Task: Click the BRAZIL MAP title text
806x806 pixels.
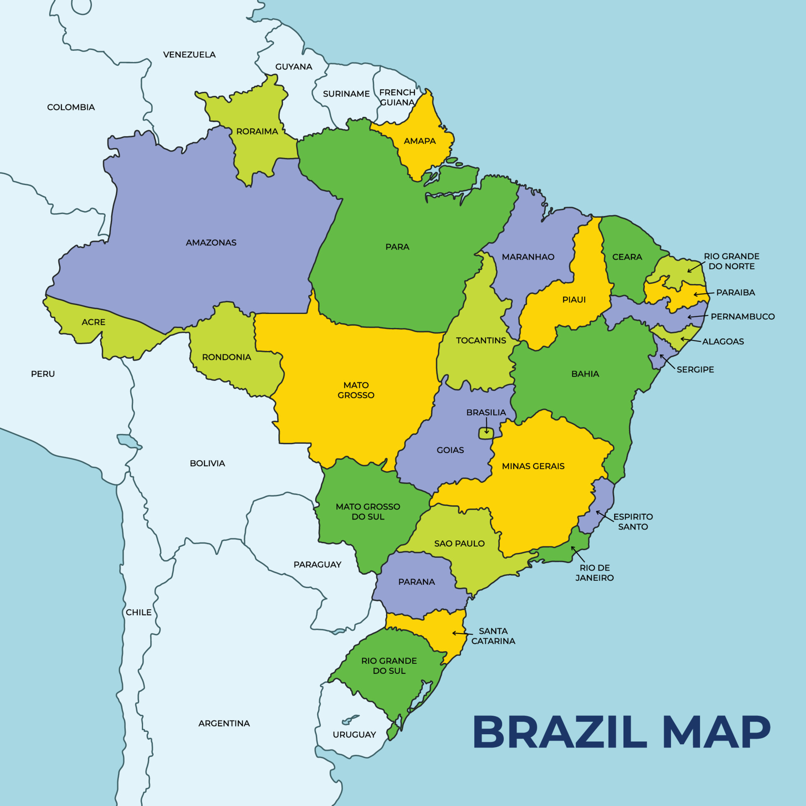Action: click(x=621, y=732)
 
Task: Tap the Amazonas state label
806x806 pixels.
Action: click(x=211, y=243)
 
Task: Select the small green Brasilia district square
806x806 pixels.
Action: click(x=486, y=433)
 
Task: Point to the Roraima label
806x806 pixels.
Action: click(x=257, y=131)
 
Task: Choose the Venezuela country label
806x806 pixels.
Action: click(x=189, y=55)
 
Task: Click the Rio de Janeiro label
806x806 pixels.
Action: click(x=594, y=573)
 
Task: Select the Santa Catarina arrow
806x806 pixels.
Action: click(x=462, y=633)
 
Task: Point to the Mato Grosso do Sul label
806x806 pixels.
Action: click(x=368, y=512)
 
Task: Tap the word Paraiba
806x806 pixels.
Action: click(x=735, y=293)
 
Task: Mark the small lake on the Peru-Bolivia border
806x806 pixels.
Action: click(x=128, y=441)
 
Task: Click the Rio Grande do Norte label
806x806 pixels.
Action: click(x=732, y=261)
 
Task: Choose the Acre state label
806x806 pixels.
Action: click(x=94, y=322)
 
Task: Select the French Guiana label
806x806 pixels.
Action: click(x=397, y=97)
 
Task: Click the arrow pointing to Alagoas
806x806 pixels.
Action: click(x=690, y=340)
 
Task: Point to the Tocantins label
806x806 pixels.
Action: click(x=481, y=340)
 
